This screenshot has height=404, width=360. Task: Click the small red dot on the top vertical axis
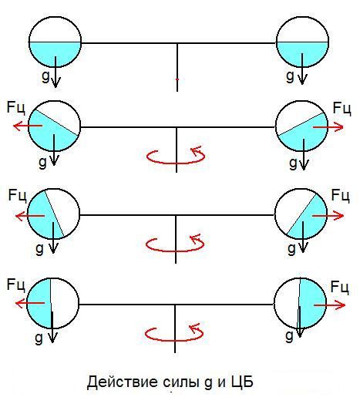coord(177,79)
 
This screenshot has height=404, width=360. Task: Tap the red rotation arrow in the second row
coord(176,163)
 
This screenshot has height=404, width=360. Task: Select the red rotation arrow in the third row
coord(175,251)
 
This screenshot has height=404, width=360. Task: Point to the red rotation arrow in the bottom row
coord(174,340)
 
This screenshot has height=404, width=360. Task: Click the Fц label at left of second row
coord(16,107)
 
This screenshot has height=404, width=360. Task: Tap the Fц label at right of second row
coord(341,108)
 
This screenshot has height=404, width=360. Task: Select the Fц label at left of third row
coord(17,195)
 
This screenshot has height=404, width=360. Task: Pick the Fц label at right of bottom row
coord(340,287)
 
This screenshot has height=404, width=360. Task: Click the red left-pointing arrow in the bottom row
coord(30,303)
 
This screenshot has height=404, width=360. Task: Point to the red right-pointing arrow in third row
coord(328,215)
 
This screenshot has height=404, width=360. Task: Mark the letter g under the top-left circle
coord(45,76)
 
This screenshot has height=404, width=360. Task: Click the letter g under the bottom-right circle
coord(290,336)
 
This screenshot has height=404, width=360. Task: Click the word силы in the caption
coord(181,382)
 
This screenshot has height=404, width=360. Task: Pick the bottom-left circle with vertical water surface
coord(52,304)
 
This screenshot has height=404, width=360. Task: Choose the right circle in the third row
coord(301,214)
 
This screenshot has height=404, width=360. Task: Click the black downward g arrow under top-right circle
coord(302,69)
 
